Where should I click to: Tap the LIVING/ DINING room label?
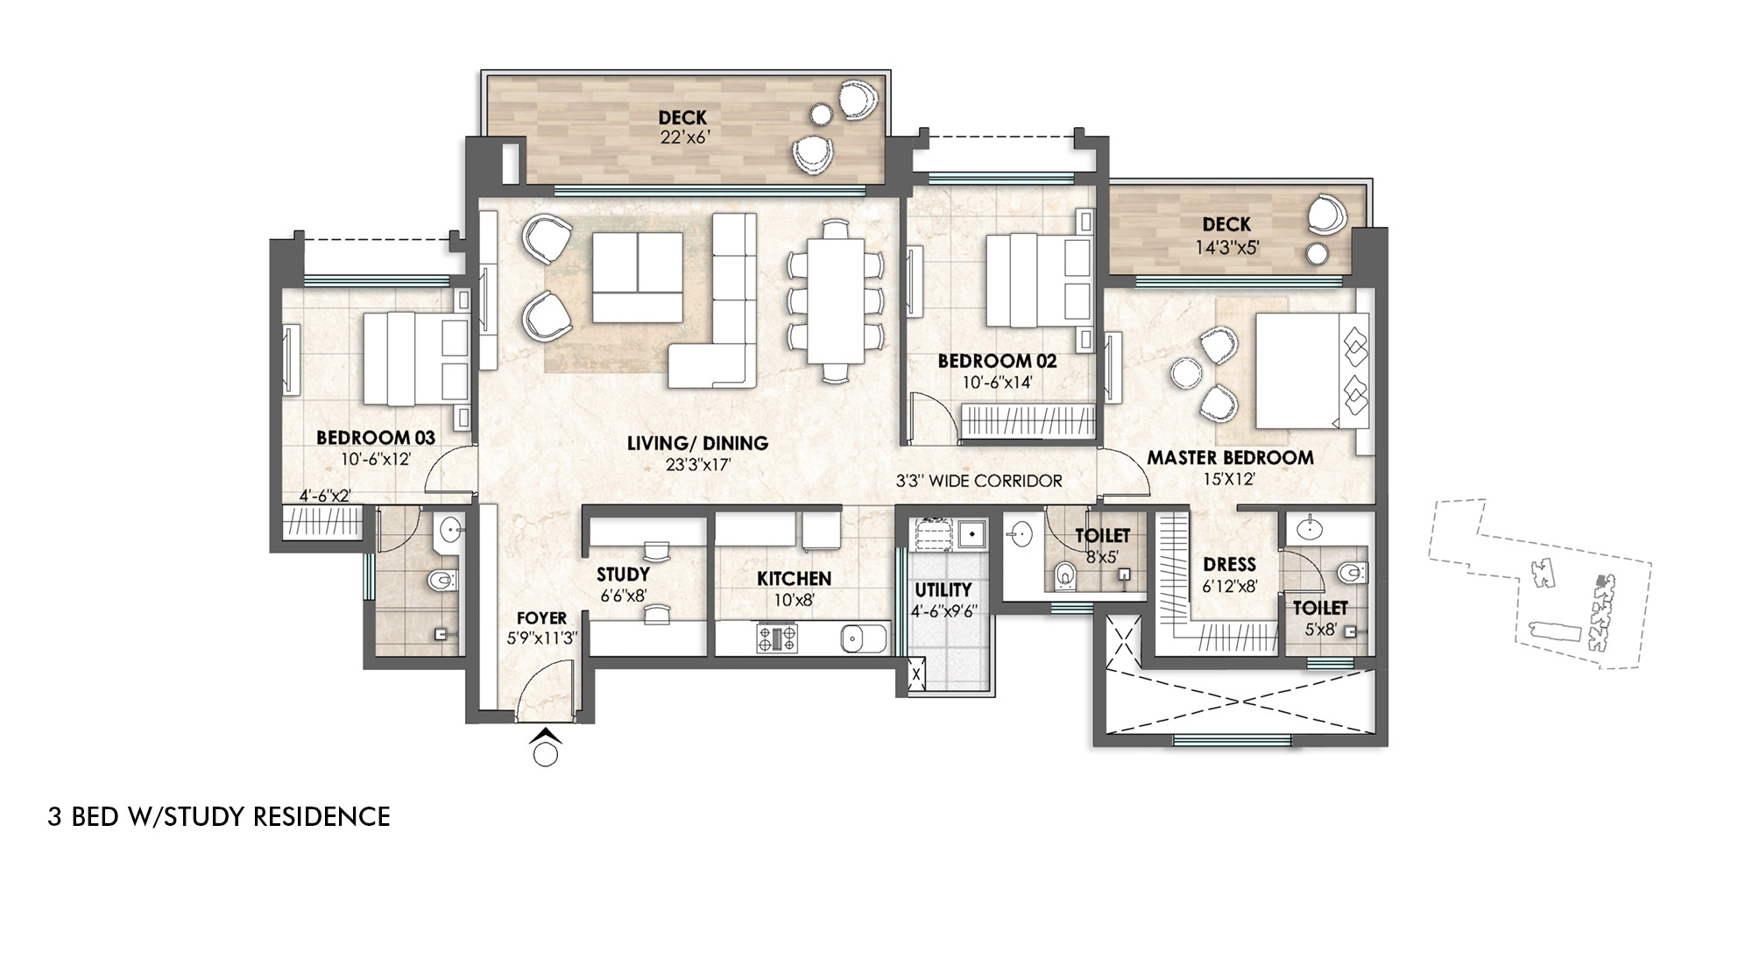point(697,443)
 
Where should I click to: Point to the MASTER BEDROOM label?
point(1230,457)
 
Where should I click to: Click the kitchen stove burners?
point(777,638)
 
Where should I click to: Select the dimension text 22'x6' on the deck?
point(682,137)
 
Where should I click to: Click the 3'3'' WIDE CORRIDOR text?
point(978,481)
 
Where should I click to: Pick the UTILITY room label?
point(943,589)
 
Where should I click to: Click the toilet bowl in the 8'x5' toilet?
point(1065,575)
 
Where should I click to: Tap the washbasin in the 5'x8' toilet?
point(1309,528)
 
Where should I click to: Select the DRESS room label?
point(1229,564)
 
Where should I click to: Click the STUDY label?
point(623,575)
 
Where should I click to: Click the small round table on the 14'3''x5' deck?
point(1316,254)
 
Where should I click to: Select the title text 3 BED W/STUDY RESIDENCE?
point(219,817)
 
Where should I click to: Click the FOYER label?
point(541,618)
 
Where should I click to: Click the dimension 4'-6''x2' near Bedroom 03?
point(325,496)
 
